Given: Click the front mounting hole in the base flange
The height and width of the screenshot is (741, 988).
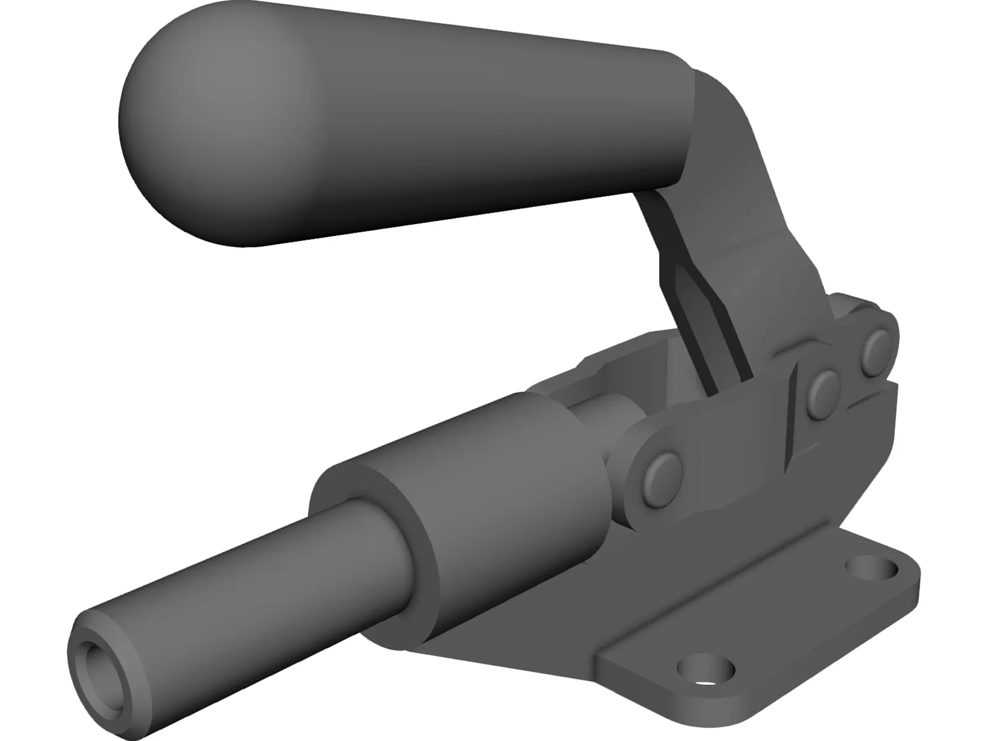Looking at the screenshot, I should (707, 668).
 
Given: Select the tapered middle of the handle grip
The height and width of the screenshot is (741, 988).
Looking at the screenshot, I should (432, 124).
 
